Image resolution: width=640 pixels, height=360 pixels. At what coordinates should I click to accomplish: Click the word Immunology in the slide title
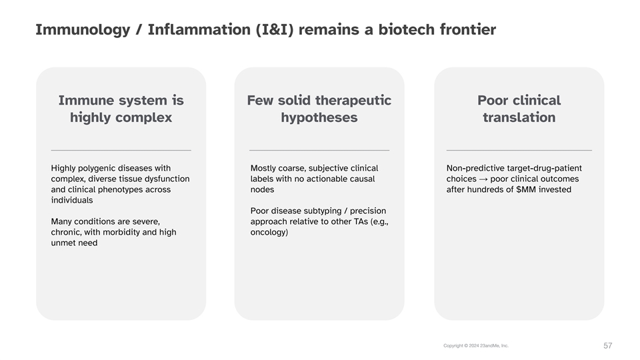[83, 30]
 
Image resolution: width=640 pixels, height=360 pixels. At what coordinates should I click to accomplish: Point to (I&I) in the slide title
[275, 29]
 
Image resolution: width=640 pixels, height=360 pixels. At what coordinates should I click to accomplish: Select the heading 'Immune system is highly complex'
[121, 109]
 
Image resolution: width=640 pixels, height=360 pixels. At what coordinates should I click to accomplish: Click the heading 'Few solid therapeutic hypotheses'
[319, 109]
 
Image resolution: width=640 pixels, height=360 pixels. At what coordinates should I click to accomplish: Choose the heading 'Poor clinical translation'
[519, 109]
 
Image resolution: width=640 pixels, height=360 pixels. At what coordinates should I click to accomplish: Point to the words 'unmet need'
[74, 243]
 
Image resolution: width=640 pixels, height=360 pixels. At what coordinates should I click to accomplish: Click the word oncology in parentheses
[269, 232]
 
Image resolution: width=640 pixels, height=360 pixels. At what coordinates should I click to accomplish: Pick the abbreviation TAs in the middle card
[361, 221]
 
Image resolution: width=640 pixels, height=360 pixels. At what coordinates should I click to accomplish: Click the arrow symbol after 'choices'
[483, 179]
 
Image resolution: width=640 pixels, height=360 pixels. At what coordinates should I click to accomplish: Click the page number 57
[608, 346]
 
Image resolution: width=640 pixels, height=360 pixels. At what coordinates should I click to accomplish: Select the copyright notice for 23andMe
[476, 346]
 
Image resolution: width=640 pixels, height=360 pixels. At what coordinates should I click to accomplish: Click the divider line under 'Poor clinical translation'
[519, 150]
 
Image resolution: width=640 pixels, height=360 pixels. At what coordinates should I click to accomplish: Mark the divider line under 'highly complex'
[121, 150]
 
